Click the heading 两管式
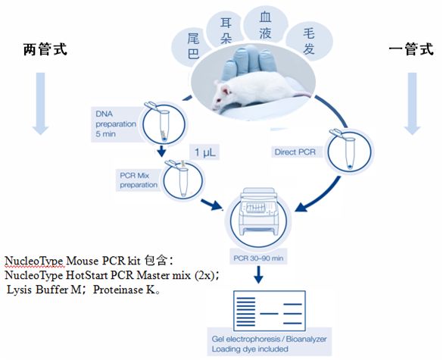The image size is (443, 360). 45,49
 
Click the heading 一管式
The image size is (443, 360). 411,49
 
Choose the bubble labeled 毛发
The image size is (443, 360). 309,42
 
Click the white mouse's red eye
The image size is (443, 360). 218,100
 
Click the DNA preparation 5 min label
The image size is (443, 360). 116,124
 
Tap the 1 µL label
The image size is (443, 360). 204,152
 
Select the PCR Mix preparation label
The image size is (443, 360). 138,180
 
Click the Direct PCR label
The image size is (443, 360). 295,152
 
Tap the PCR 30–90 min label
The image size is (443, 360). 258,258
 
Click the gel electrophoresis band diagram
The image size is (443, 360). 270,311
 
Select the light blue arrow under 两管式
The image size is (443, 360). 40,103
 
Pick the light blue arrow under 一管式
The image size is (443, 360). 412,103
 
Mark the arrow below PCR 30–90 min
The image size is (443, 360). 258,274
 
